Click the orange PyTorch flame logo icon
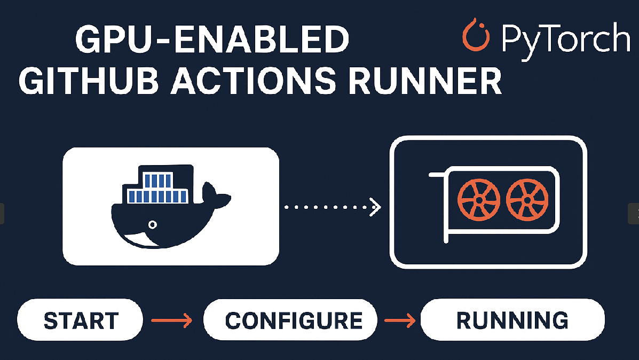476,36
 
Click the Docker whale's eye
153,224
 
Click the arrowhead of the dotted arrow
376,207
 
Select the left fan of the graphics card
479,200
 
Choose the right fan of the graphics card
526,200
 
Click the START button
81,321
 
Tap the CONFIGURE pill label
294,321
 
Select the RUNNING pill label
512,320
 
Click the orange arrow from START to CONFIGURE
171,320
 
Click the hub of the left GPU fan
479,200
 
